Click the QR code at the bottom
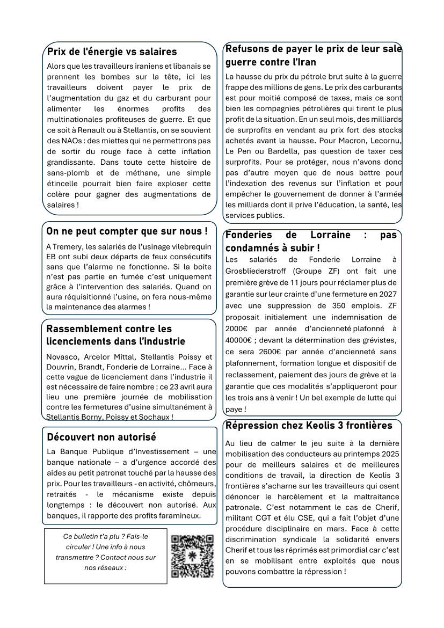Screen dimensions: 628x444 pos(192,556)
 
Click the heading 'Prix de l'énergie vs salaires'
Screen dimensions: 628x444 pos(112,52)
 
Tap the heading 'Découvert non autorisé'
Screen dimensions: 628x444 pos(101,437)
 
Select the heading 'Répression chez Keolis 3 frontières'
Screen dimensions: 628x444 pos(309,426)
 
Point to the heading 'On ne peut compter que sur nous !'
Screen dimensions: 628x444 pos(127,231)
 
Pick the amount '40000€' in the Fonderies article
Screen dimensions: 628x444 pos(238,340)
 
